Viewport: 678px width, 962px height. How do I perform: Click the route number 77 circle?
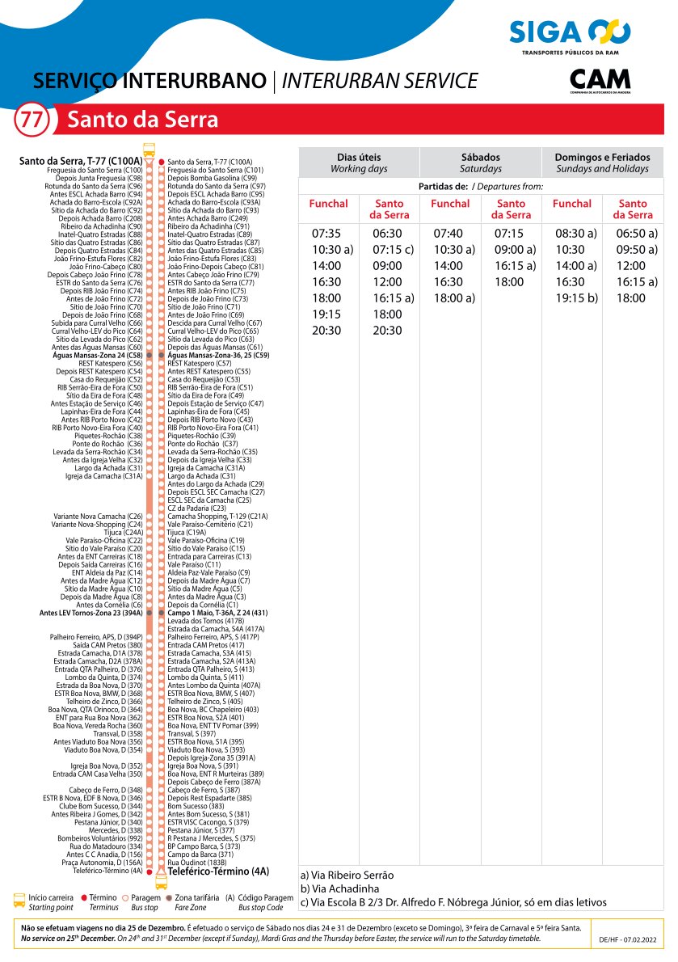(x=32, y=120)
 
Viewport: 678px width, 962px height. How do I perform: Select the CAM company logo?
(x=600, y=81)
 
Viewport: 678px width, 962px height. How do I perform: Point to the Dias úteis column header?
(x=359, y=162)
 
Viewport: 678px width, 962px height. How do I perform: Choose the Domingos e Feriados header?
(x=602, y=162)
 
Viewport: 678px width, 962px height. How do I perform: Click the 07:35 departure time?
(x=326, y=234)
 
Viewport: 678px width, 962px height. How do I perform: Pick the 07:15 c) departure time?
(x=393, y=250)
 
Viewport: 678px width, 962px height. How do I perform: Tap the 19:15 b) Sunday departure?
(x=575, y=298)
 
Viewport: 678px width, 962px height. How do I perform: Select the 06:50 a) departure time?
(x=637, y=234)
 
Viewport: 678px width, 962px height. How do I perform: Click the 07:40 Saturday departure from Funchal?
(x=448, y=234)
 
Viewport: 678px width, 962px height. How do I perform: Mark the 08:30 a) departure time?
(x=575, y=234)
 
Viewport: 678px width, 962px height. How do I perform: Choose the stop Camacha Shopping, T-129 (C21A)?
(x=217, y=516)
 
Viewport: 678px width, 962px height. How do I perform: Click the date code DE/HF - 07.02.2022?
(x=628, y=940)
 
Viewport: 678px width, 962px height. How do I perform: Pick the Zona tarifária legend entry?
(x=195, y=897)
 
